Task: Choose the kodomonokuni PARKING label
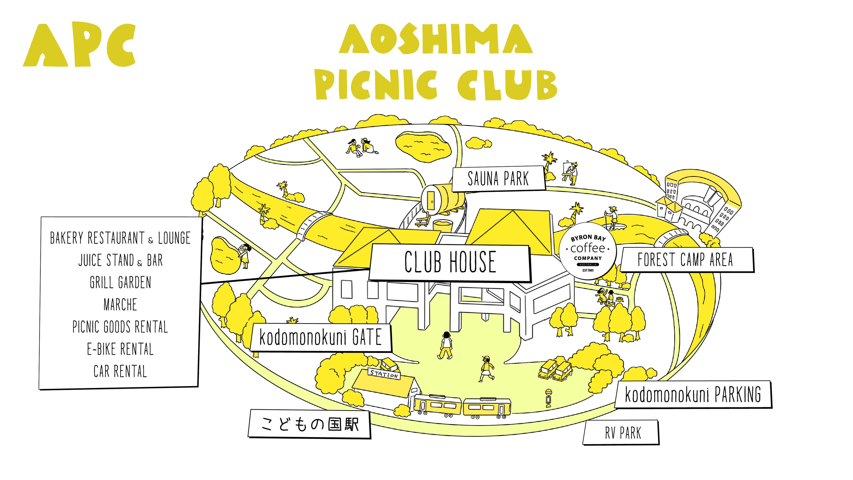[693, 394]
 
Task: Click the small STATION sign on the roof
[384, 374]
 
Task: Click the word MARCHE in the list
[120, 305]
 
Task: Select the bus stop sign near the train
[548, 398]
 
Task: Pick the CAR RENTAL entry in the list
[120, 371]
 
